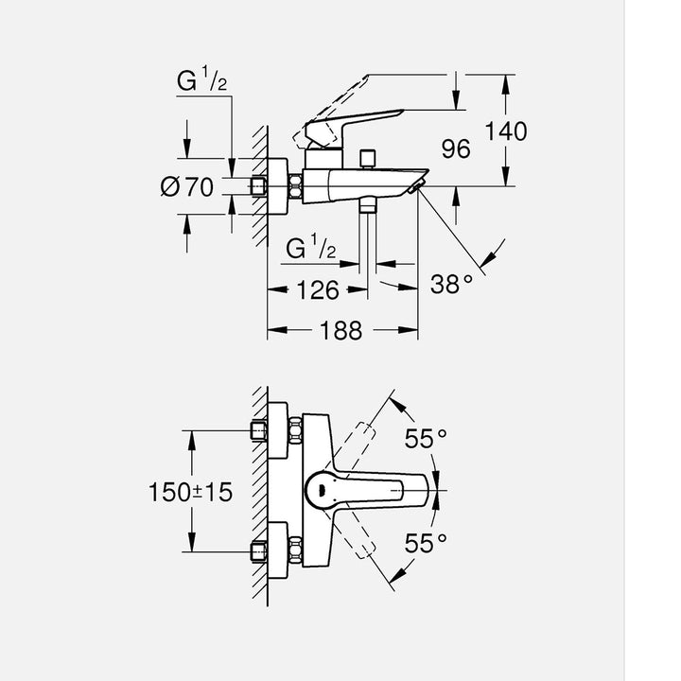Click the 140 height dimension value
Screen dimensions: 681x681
tap(506, 131)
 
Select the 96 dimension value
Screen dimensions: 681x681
tap(456, 149)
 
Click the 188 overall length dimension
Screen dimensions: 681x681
tap(341, 330)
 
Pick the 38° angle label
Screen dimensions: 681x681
tap(451, 283)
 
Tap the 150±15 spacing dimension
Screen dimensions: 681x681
tap(190, 492)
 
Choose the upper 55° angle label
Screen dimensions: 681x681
tap(426, 438)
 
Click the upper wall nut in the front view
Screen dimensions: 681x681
tap(260, 430)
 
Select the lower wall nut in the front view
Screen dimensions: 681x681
tap(260, 550)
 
